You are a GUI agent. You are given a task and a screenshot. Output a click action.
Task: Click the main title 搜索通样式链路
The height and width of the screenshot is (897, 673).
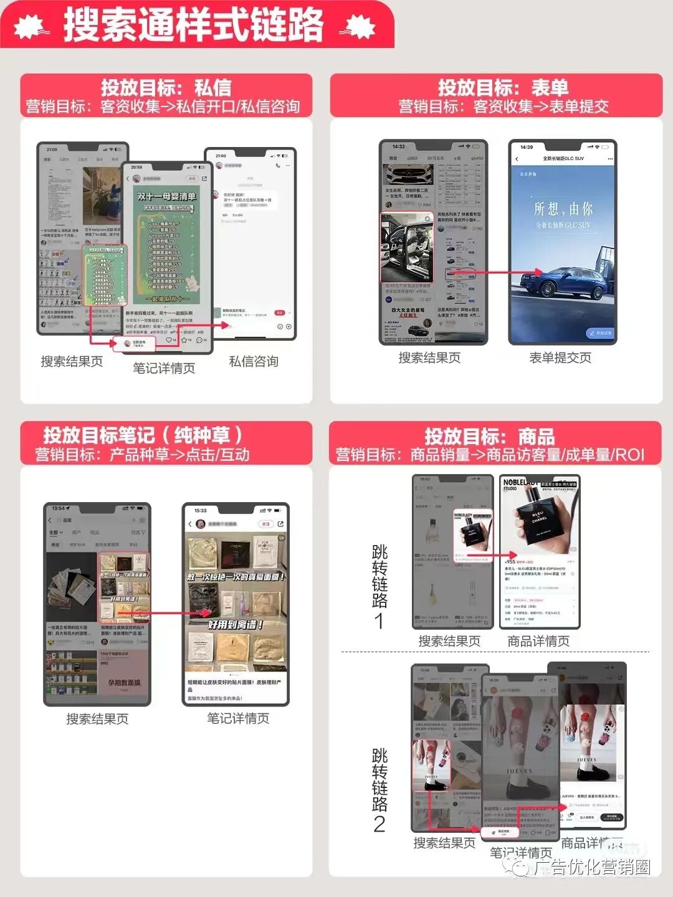[x=193, y=25]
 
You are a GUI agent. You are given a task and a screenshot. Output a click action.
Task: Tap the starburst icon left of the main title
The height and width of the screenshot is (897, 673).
[x=31, y=27]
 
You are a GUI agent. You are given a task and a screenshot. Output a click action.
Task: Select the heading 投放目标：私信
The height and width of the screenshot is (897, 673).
[x=166, y=87]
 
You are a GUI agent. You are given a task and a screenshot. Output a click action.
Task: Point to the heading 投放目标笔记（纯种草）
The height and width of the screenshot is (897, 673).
[x=143, y=434]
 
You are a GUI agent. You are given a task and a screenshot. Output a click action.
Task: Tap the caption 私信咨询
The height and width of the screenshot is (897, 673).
[x=254, y=361]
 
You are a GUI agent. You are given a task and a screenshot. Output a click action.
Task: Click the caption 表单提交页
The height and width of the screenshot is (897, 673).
[x=560, y=358]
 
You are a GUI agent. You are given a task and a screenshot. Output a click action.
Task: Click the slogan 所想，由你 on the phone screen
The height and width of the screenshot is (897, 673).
[x=563, y=208]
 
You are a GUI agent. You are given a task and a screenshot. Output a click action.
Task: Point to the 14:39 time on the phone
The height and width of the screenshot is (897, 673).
[x=527, y=148]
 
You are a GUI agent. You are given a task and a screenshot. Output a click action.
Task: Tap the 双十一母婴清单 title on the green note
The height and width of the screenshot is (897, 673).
[x=166, y=196]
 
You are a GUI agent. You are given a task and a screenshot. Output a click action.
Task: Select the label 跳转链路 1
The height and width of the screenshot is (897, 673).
[x=379, y=586]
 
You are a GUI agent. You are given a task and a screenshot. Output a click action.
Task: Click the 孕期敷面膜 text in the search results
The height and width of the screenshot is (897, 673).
[x=124, y=683]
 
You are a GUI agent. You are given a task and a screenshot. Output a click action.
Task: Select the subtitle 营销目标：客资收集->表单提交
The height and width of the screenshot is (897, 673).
[x=504, y=107]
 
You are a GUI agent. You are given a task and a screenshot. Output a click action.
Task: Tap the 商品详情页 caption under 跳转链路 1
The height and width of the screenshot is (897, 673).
[x=538, y=641]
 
